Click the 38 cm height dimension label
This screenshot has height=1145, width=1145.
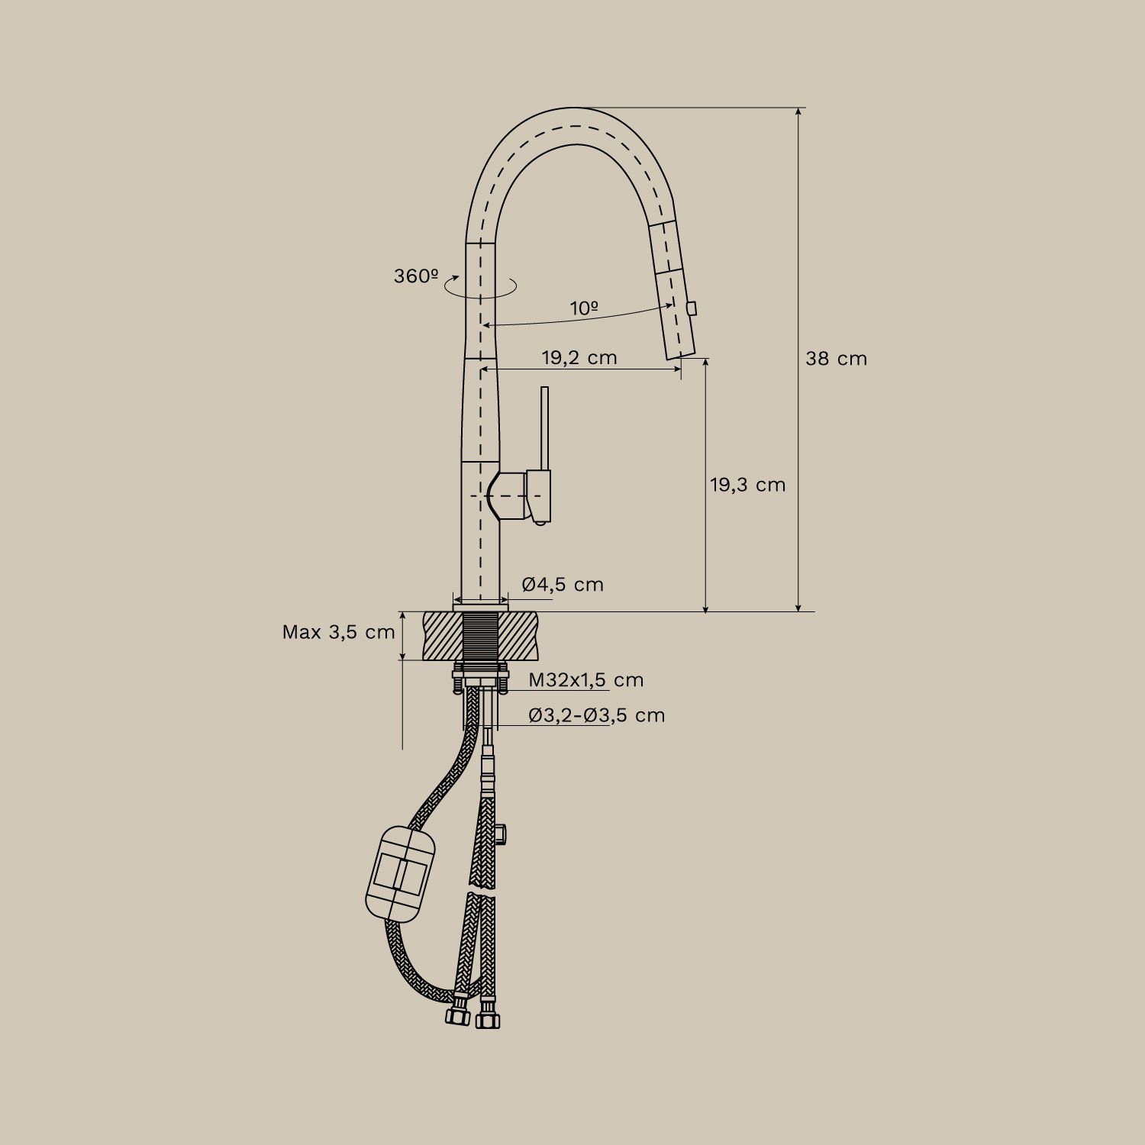(836, 359)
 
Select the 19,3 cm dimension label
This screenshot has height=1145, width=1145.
(747, 485)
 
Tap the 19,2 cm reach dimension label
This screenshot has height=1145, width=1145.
(579, 357)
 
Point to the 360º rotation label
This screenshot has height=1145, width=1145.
(416, 276)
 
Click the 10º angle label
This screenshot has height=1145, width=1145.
(584, 308)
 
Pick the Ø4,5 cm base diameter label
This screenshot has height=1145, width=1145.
(563, 585)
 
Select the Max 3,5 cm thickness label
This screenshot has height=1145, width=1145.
(338, 632)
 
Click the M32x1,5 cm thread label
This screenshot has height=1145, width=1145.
(586, 680)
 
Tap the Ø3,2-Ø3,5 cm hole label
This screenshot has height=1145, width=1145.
(597, 716)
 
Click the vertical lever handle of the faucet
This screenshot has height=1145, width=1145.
(544, 427)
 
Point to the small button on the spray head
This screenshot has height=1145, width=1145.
(692, 308)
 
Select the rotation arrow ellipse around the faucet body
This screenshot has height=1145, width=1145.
(481, 288)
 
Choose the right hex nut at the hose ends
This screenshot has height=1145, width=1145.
(487, 1019)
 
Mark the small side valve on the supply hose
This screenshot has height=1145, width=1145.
(505, 831)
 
